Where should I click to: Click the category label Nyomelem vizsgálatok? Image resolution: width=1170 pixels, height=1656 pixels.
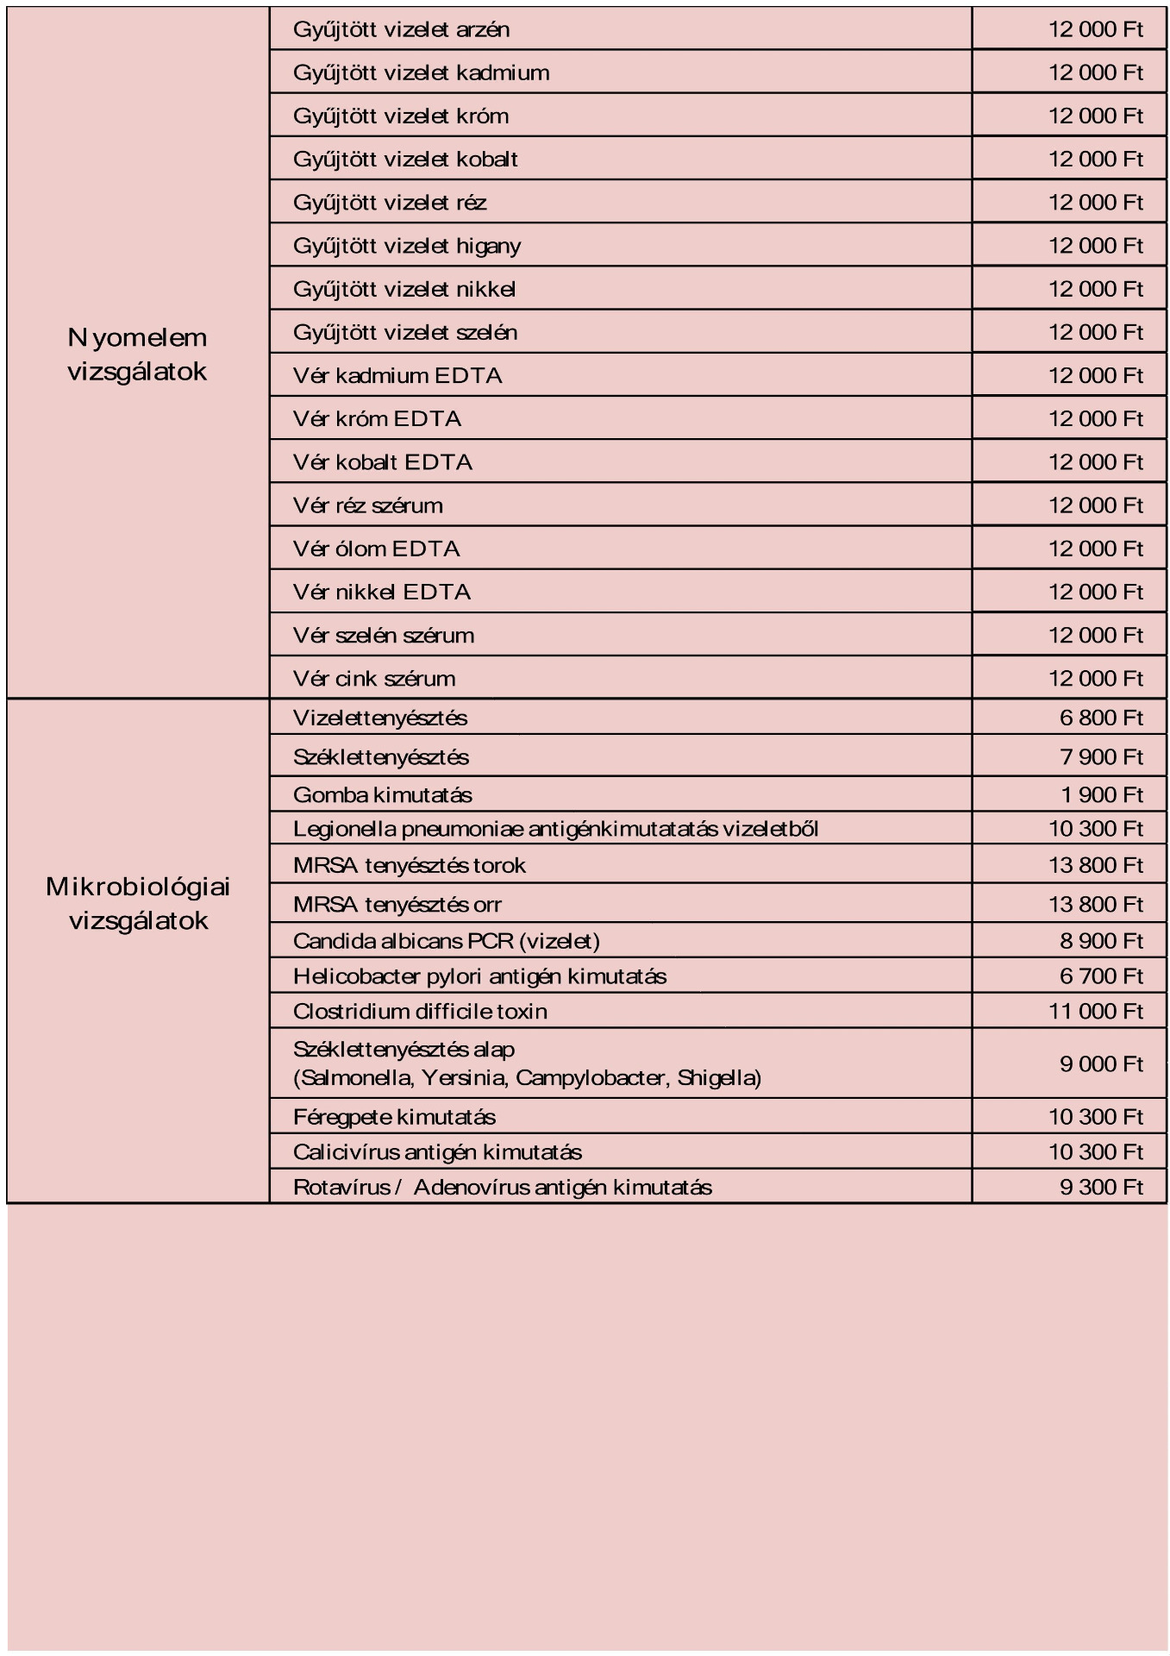pyautogui.click(x=137, y=354)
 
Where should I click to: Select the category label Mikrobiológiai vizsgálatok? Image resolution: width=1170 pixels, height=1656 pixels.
pyautogui.click(x=138, y=903)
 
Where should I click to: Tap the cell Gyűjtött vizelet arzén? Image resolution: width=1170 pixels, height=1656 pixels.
pyautogui.click(x=401, y=29)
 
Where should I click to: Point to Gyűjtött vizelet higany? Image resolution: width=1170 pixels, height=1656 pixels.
pyautogui.click(x=407, y=246)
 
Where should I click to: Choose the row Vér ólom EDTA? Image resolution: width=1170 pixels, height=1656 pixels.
pyautogui.click(x=376, y=549)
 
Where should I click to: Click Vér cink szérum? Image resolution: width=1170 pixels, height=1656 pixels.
pyautogui.click(x=374, y=679)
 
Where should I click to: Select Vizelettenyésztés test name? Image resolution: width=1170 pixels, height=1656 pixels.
pyautogui.click(x=380, y=718)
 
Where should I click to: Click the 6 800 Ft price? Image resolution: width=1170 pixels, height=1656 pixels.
pyautogui.click(x=1100, y=718)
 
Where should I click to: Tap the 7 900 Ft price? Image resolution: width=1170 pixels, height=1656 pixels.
pyautogui.click(x=1100, y=756)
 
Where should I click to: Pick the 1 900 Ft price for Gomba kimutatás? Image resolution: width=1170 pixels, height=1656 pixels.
pyautogui.click(x=1100, y=794)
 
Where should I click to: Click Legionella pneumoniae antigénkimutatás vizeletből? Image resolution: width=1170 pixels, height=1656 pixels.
pyautogui.click(x=555, y=829)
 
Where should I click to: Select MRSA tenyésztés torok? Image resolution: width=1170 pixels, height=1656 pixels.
pyautogui.click(x=409, y=865)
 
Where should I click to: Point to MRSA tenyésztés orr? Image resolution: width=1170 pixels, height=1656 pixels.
pyautogui.click(x=397, y=905)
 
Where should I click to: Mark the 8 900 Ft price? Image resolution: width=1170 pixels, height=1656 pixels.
pyautogui.click(x=1100, y=940)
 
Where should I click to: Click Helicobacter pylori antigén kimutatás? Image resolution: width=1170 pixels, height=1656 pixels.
pyautogui.click(x=479, y=976)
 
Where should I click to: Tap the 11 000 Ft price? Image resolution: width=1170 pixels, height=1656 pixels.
pyautogui.click(x=1095, y=1011)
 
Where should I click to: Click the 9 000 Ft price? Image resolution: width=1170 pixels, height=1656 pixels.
pyautogui.click(x=1100, y=1063)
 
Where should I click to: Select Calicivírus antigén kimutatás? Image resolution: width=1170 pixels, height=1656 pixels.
pyautogui.click(x=437, y=1152)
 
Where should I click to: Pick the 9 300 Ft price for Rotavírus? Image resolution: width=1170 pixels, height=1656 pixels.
pyautogui.click(x=1100, y=1187)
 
